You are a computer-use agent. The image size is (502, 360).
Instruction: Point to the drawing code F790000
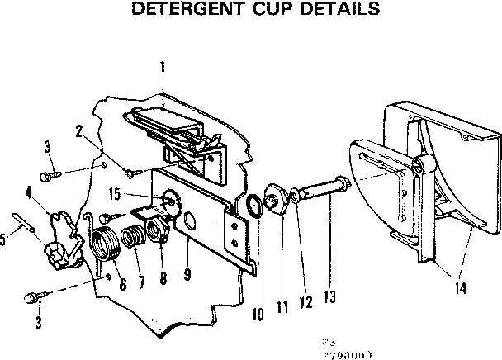coord(348,350)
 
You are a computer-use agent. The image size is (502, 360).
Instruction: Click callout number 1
coord(163,65)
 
